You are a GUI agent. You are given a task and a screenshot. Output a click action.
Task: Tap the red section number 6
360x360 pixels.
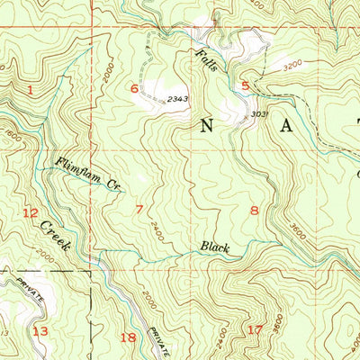pos(134,88)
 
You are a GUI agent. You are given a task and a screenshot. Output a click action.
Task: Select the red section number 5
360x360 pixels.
pos(245,86)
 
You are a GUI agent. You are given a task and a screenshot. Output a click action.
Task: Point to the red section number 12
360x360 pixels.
pos(31,213)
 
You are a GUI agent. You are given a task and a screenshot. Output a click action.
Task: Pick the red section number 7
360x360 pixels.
pos(139,210)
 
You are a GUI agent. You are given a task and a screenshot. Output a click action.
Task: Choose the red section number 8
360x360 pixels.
pos(255,211)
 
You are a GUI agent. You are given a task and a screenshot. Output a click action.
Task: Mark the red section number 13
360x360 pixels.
pos(39,331)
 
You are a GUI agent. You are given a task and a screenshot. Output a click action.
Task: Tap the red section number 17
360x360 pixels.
pos(255,330)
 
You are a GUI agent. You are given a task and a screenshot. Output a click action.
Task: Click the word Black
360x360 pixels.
pos(215,247)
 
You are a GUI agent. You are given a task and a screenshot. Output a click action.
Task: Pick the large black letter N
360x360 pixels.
pos(205,126)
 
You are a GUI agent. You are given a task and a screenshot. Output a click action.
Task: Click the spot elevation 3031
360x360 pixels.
pos(257,113)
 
